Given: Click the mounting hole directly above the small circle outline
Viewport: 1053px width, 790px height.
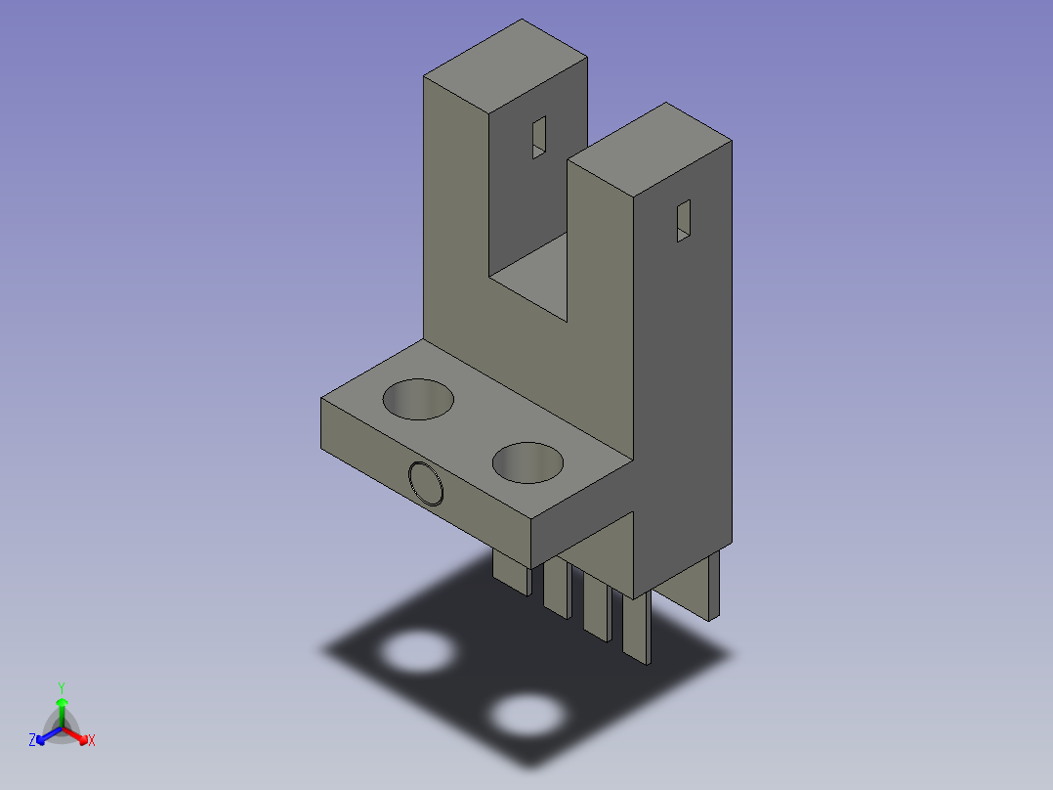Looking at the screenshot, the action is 418,399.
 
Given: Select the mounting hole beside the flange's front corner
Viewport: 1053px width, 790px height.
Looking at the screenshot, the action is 527,462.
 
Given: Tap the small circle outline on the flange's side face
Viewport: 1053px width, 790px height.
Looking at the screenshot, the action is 426,483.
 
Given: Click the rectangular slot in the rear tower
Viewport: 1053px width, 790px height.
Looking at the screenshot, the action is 538,137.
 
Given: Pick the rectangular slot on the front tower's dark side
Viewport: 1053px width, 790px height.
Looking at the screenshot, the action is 683,221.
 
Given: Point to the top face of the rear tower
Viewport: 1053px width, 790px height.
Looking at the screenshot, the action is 506,66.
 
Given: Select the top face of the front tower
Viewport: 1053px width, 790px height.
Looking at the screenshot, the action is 650,150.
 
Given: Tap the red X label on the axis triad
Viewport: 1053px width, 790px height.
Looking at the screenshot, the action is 92,740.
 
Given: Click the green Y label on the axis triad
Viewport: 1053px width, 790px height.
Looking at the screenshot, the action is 62,687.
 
